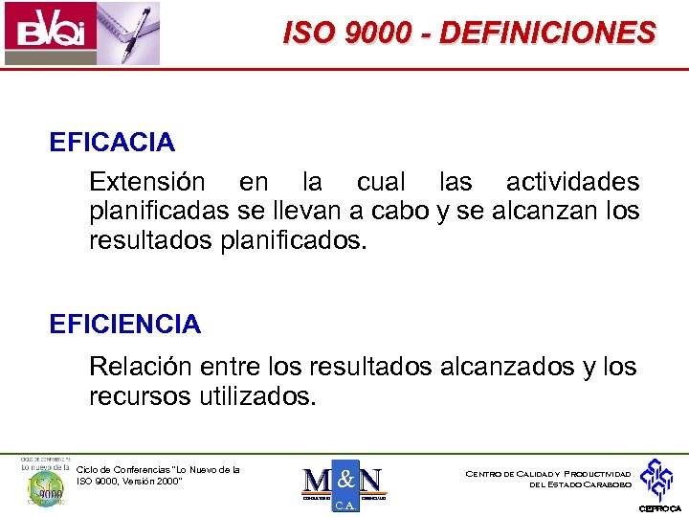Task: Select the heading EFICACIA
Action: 112,143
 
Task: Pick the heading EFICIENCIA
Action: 125,325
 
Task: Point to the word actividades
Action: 572,182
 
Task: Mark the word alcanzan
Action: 542,211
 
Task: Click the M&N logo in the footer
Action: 344,483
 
